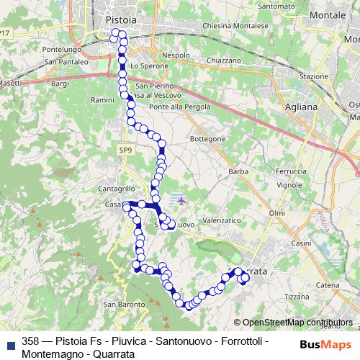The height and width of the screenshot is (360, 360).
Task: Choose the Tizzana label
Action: point(296,296)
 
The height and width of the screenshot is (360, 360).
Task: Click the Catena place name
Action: point(328,286)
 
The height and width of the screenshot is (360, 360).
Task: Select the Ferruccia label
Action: point(291,171)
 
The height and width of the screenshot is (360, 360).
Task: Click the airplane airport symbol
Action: point(181,200)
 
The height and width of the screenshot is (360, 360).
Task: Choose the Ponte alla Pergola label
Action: point(179,107)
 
